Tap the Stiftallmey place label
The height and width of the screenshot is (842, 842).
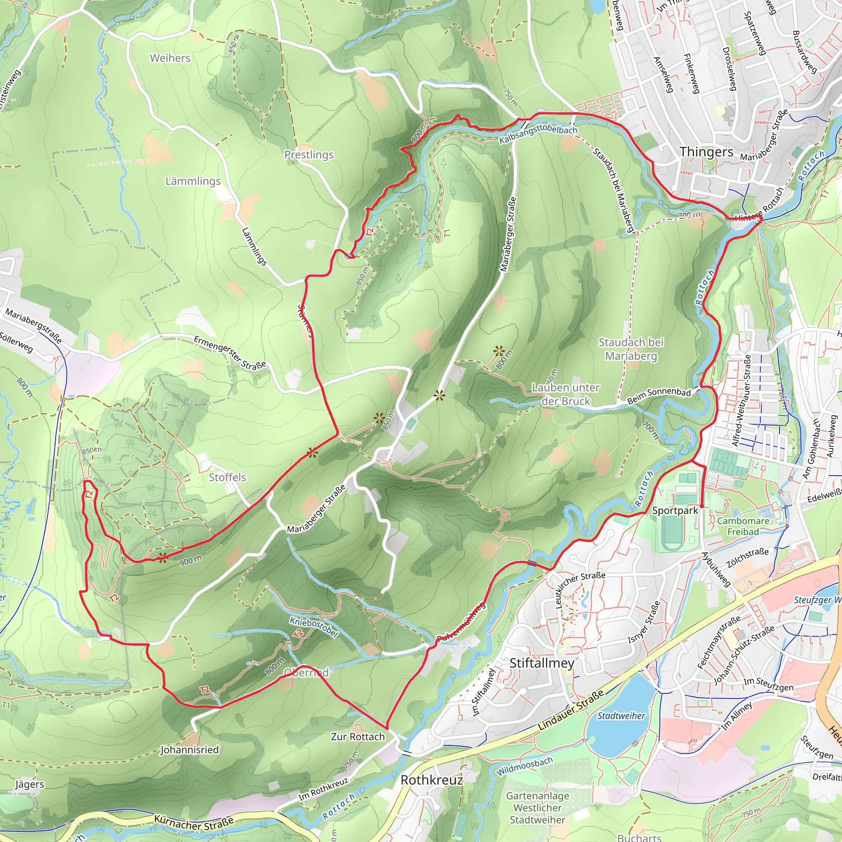(x=541, y=663)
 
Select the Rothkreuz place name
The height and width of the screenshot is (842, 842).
(x=431, y=780)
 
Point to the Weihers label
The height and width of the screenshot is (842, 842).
(x=170, y=58)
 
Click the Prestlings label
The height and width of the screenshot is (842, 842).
(x=309, y=155)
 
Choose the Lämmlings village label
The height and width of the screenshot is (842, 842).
(x=193, y=181)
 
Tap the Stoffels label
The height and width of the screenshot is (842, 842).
(x=227, y=477)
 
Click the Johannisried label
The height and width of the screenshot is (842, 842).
(x=190, y=749)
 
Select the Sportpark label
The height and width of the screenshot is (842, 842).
(x=675, y=510)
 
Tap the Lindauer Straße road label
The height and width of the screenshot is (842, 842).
(x=571, y=710)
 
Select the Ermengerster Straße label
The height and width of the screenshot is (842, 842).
(x=230, y=353)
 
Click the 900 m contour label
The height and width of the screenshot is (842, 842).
(x=190, y=560)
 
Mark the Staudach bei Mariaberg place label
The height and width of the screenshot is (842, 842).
(x=631, y=349)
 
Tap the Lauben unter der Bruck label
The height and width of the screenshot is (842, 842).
(x=566, y=394)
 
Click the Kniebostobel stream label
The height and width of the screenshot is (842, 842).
(x=314, y=627)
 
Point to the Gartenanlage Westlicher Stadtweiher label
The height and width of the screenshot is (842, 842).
(x=537, y=807)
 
